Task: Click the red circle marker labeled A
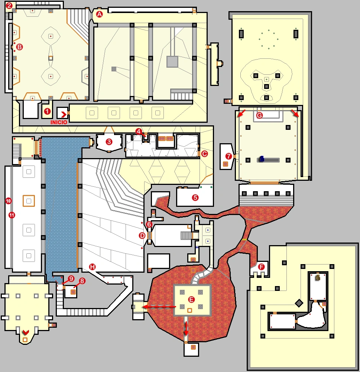99,14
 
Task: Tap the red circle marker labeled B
19,47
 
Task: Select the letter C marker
204,154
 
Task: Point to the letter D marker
142,235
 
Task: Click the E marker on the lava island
191,299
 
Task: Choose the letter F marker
261,267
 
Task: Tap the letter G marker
260,115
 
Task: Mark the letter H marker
92,267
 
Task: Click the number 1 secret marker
47,111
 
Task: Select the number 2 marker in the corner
9,6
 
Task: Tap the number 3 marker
109,142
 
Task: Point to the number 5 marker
195,198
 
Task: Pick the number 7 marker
228,156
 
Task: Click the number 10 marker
8,201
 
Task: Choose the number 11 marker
12,215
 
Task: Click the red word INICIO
59,122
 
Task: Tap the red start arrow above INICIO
63,114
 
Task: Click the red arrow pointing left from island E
159,307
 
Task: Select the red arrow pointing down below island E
186,328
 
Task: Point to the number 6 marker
149,224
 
